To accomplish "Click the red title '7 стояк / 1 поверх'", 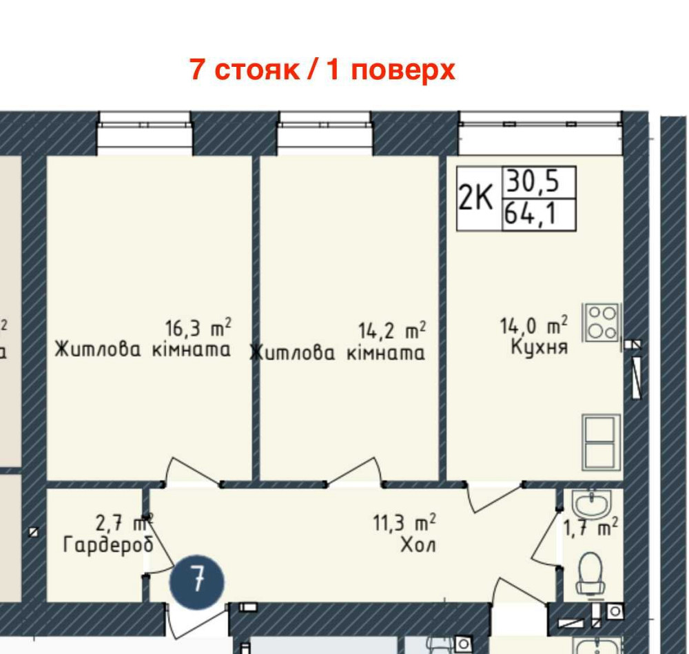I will tap(322, 70).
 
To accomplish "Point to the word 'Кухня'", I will tap(539, 347).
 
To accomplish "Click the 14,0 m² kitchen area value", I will tap(533, 325).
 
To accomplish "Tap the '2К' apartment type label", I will tap(476, 199).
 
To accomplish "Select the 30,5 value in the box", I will tap(531, 183).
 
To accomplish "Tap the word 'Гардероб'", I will tap(108, 545).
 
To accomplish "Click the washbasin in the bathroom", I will tap(592, 505).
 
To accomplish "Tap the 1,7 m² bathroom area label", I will tap(590, 529).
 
